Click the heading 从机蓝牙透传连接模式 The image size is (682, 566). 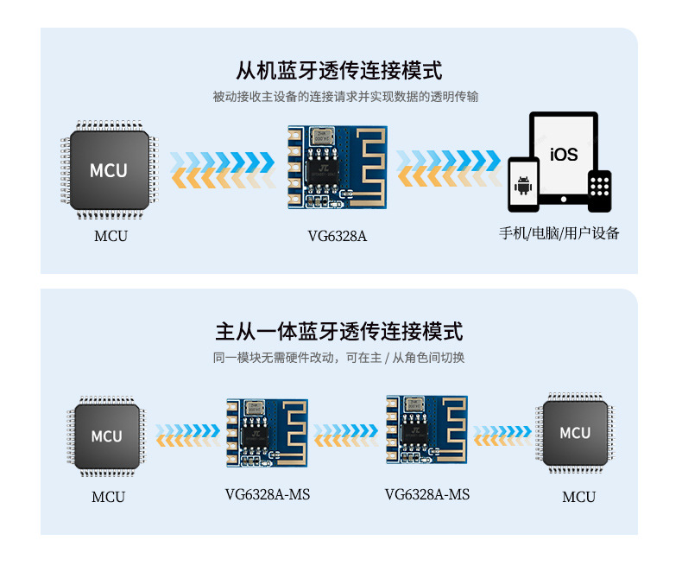[340, 70]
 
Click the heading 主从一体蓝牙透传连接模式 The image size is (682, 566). [340, 331]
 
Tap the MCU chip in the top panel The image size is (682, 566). [109, 169]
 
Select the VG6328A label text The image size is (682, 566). [338, 235]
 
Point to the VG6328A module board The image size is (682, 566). [338, 167]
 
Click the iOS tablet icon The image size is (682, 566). [564, 156]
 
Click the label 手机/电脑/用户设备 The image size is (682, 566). [559, 233]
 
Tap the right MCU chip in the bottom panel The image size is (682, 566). [575, 433]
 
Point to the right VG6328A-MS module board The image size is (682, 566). [426, 431]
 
